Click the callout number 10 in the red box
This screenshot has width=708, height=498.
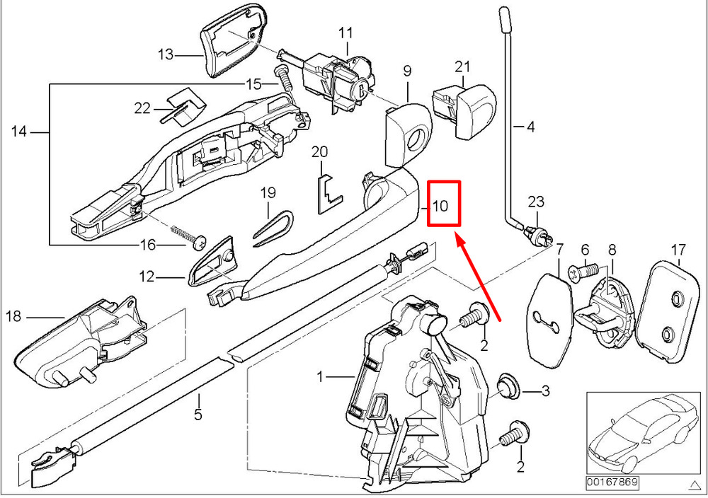pos(440,206)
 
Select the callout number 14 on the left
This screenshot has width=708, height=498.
pos(19,132)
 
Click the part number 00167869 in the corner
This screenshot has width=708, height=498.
pos(611,482)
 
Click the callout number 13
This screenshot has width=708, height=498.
pos(165,54)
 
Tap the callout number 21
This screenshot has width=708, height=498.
pos(462,67)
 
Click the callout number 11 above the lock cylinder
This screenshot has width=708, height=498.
pos(345,33)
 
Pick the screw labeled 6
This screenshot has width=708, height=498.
pos(583,269)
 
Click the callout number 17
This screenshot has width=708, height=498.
pos(678,249)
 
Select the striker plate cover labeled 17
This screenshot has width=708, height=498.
pos(667,303)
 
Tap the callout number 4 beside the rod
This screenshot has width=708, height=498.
pos(531,127)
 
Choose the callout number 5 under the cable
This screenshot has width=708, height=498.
pos(199,415)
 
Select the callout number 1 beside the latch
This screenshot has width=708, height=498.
pos(320,378)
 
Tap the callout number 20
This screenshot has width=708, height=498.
pos(320,152)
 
